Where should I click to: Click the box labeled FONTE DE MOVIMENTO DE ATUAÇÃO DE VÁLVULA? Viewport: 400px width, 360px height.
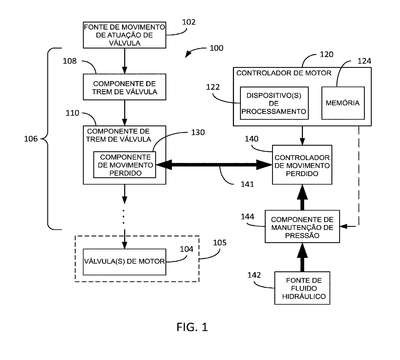click(124, 35)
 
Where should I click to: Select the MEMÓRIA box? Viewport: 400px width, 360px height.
click(343, 103)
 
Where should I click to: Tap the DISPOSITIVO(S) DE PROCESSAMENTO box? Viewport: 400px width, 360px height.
click(274, 103)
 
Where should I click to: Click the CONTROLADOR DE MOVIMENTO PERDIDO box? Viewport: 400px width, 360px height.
click(302, 165)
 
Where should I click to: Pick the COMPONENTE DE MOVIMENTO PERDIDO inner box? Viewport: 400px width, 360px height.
click(124, 165)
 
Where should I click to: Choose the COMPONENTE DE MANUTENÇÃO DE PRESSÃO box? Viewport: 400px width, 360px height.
click(302, 227)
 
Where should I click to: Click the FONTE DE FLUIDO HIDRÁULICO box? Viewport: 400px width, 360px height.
click(302, 288)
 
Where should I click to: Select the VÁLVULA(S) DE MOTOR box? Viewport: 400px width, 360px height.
click(124, 262)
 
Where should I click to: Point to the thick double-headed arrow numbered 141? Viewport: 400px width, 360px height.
click(214, 165)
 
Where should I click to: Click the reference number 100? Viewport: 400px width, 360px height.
click(216, 48)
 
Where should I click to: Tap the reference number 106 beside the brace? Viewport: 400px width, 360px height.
click(31, 139)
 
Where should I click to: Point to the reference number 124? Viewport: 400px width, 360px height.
click(364, 61)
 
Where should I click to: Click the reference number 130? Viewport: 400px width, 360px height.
click(198, 133)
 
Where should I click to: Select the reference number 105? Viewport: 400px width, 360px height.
click(220, 242)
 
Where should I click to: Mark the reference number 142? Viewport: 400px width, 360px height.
click(254, 275)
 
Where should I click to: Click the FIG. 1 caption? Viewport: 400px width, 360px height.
click(192, 327)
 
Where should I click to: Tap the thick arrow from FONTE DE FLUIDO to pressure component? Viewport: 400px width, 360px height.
click(302, 257)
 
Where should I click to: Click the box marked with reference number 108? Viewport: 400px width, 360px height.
click(124, 87)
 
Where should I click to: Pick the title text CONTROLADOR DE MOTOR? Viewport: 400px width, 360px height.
click(284, 73)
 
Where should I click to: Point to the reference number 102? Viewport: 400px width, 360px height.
click(189, 22)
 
